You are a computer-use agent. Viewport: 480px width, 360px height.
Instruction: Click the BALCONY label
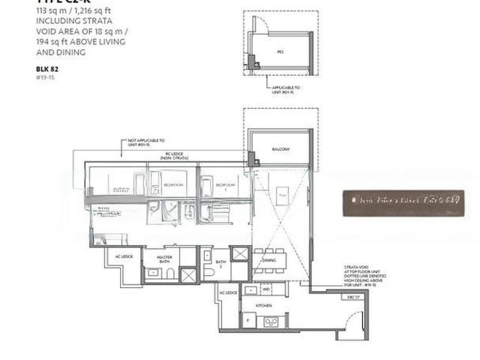click(x=281, y=148)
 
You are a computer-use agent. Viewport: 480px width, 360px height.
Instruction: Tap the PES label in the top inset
click(x=280, y=52)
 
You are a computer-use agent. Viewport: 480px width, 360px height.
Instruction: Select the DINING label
click(x=268, y=260)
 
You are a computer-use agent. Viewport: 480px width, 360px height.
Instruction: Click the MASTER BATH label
click(x=166, y=259)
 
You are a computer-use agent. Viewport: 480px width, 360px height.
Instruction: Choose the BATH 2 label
click(x=220, y=263)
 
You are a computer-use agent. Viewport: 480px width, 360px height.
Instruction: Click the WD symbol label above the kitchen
click(x=266, y=289)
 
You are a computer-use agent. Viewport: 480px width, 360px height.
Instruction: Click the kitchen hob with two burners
click(x=271, y=322)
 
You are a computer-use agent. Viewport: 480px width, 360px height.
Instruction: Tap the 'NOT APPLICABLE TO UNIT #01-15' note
click(x=147, y=142)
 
